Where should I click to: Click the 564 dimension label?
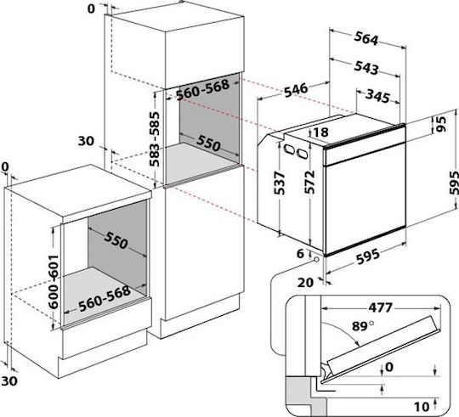tap(366, 39)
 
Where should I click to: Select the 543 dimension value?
tap(366, 68)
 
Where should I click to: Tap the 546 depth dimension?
tap(296, 90)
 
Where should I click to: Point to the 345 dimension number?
tap(378, 96)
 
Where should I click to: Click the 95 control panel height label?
tap(440, 124)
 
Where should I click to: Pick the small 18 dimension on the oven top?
tap(321, 132)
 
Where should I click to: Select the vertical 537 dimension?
tap(279, 183)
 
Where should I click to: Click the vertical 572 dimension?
tap(309, 183)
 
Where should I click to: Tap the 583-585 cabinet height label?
tap(155, 139)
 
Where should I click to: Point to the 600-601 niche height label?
tap(54, 282)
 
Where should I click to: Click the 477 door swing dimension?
tap(380, 307)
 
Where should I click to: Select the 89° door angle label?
tap(363, 326)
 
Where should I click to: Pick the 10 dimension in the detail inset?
tap(422, 407)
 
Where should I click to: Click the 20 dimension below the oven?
tap(306, 283)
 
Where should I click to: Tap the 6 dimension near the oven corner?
tap(300, 254)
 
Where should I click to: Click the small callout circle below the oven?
tap(316, 260)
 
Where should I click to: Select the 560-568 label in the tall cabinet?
tap(203, 90)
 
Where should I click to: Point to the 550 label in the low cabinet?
tap(116, 240)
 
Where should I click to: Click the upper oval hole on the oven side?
tap(290, 149)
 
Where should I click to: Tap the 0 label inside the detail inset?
tap(389, 367)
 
